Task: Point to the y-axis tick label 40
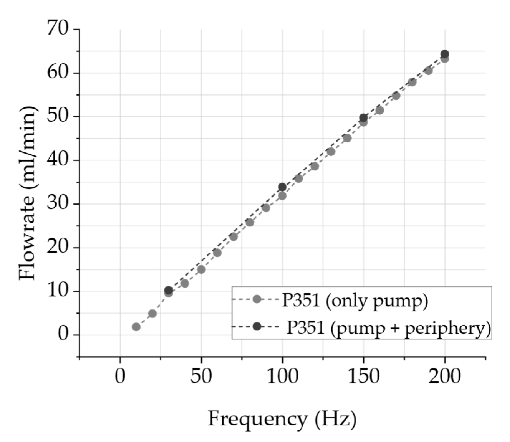pos(58,160)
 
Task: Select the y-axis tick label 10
pos(58,291)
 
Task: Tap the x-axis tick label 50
pos(201,376)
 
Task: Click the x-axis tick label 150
pos(363,376)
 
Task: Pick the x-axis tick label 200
pos(445,376)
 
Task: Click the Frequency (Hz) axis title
pos(282,419)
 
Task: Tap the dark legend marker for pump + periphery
pos(257,326)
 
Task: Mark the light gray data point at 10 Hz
pos(136,327)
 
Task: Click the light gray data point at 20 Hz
pos(152,313)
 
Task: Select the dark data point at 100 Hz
pos(282,187)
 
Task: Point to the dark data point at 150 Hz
pos(363,118)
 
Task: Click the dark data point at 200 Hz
pos(445,54)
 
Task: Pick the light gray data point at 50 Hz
pos(201,269)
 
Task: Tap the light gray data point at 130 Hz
pos(331,152)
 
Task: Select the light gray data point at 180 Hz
pos(412,82)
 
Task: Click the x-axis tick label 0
pos(120,376)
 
